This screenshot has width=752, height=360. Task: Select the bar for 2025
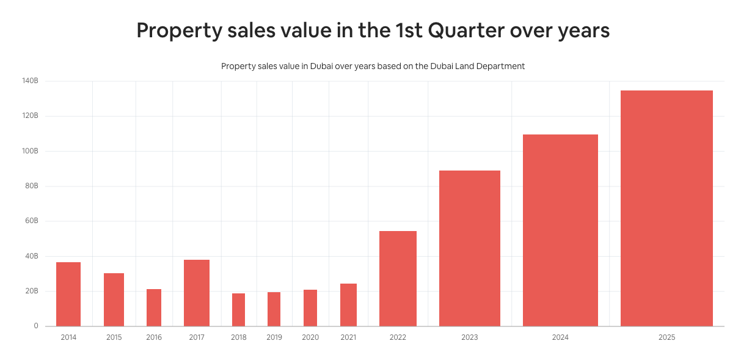(666, 208)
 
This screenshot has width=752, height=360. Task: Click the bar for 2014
(68, 294)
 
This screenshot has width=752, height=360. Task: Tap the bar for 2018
(238, 310)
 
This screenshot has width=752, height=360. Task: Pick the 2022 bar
(398, 279)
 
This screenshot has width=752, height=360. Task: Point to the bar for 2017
(197, 293)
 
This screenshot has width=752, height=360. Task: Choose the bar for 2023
(469, 248)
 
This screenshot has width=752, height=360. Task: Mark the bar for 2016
(154, 307)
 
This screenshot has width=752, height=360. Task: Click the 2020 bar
(310, 308)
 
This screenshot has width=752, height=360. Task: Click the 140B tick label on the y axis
(30, 81)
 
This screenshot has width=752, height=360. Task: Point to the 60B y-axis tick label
(32, 221)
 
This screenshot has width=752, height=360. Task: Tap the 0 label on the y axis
(36, 326)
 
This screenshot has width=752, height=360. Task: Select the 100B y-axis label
(30, 150)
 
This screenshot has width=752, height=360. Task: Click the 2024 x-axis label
(560, 337)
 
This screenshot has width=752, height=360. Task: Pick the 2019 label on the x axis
(274, 337)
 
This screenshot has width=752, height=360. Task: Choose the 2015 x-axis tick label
(114, 337)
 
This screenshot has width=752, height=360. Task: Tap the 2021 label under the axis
(348, 337)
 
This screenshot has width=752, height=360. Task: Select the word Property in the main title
(178, 31)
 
